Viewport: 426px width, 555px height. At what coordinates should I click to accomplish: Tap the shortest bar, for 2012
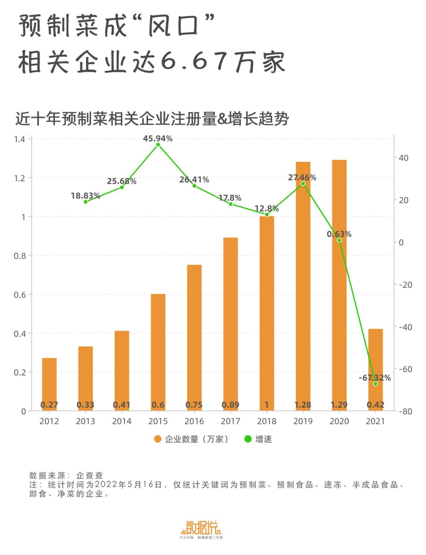point(49,383)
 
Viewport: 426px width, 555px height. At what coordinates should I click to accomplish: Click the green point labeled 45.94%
point(158,144)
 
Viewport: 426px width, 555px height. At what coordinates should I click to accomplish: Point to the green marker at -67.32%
point(375,384)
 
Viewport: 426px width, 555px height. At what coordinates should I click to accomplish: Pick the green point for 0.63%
point(339,240)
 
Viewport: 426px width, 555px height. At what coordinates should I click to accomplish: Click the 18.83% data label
point(85,196)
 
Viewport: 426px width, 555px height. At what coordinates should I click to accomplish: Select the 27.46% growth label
point(302,178)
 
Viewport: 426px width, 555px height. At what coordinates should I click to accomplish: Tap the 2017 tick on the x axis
point(230,421)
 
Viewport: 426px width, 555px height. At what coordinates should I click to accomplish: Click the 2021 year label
point(375,421)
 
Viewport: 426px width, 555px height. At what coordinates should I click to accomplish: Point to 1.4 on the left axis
point(19,139)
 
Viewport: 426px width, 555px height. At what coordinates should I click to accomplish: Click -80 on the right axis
point(405,411)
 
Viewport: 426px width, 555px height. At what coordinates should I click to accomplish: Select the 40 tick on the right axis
point(403,158)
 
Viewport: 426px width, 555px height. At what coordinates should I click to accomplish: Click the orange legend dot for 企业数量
point(158,439)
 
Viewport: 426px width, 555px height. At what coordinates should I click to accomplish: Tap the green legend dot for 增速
point(248,439)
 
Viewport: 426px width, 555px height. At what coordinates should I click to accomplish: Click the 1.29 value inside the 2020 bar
point(339,405)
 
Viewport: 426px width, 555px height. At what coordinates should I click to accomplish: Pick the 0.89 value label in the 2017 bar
point(230,405)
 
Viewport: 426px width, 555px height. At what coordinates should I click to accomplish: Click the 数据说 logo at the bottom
point(201,528)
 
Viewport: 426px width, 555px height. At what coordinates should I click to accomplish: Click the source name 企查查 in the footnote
point(89,475)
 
